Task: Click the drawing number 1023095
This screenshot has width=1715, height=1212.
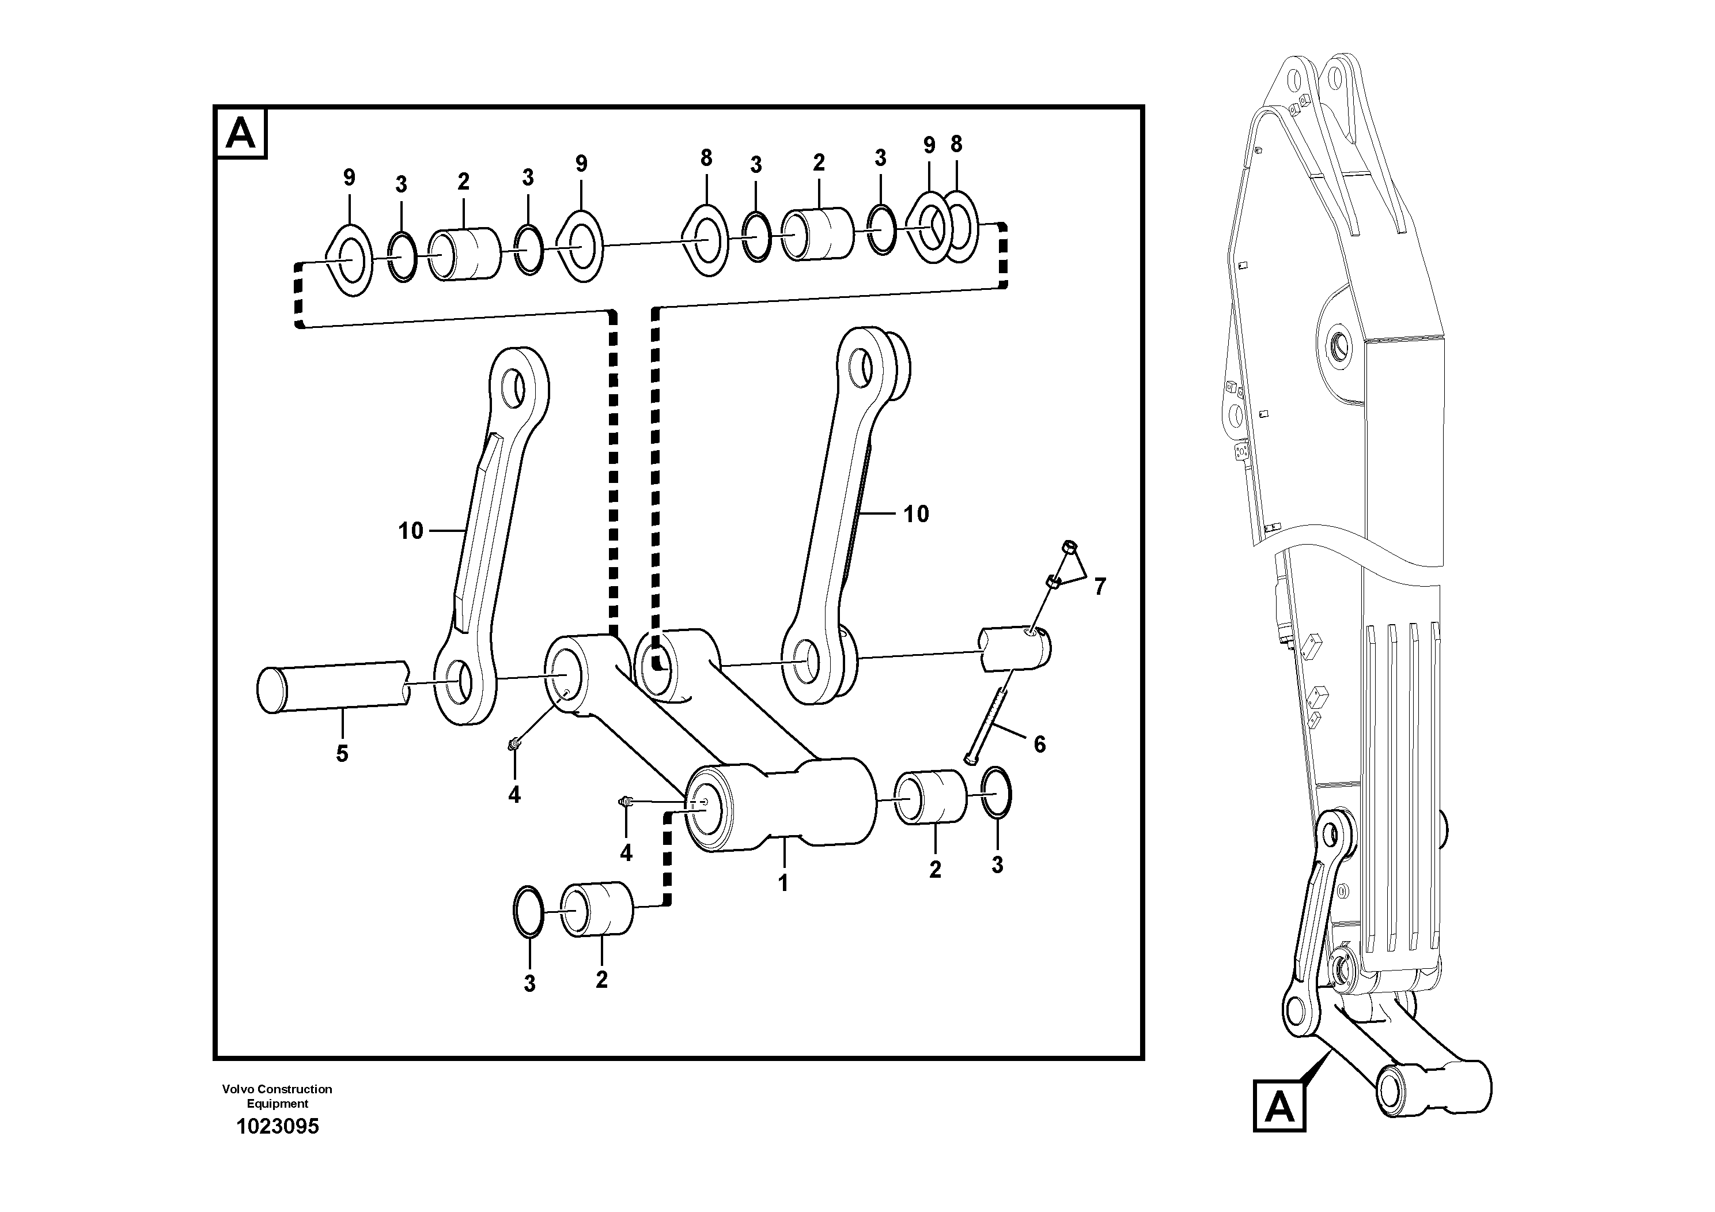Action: [x=277, y=1126]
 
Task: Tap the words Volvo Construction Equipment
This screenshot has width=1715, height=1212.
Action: [x=277, y=1096]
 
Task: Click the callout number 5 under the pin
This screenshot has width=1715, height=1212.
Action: [x=342, y=753]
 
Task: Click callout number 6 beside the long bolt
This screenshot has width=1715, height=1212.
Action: [x=1039, y=743]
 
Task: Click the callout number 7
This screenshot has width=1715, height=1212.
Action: [x=1100, y=587]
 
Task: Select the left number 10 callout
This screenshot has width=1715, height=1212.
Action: [x=410, y=531]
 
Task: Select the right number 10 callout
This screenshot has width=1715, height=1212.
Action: [x=917, y=514]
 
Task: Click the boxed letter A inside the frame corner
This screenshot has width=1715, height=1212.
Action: [x=241, y=134]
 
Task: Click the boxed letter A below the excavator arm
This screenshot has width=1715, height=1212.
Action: [x=1279, y=1106]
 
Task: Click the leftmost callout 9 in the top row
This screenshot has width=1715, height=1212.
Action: [x=349, y=178]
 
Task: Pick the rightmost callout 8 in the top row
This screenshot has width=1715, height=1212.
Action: [x=957, y=144]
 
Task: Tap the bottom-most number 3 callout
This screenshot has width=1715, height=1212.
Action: [x=529, y=983]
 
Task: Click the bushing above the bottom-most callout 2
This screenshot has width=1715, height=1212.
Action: [x=597, y=909]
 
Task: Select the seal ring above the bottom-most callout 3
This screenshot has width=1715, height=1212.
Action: [x=529, y=911]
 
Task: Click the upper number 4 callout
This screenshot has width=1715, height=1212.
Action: [x=514, y=794]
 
